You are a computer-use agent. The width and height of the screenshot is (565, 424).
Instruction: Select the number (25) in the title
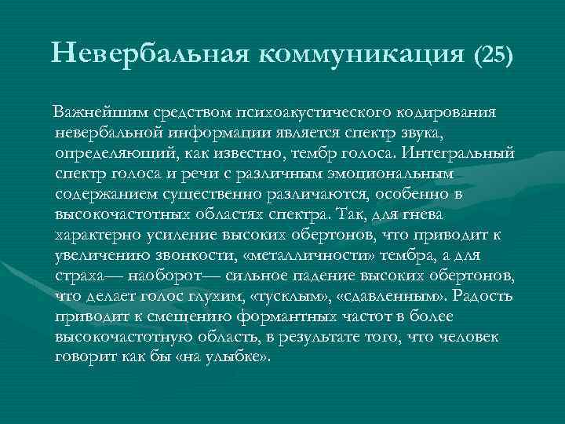click(493, 54)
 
